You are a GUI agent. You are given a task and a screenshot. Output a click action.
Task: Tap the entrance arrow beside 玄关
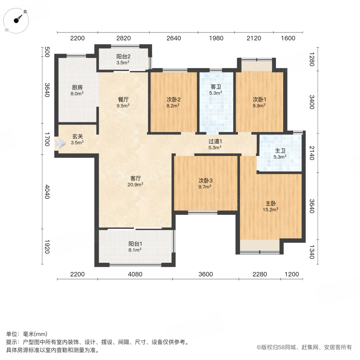(61, 143)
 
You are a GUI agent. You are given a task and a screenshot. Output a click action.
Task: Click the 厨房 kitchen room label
(78, 88)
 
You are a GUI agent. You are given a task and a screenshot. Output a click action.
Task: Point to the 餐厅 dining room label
(123, 100)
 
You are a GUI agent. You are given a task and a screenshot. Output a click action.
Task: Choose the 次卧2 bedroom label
(173, 100)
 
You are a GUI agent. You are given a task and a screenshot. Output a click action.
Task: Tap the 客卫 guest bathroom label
(216, 86)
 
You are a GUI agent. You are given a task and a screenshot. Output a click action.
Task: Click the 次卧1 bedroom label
(259, 100)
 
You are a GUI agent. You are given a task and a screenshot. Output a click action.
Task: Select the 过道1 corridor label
(215, 141)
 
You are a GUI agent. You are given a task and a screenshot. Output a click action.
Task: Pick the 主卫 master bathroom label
(280, 151)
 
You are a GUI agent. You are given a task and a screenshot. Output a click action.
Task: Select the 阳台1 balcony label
(135, 243)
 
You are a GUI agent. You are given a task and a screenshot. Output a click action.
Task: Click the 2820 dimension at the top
(123, 38)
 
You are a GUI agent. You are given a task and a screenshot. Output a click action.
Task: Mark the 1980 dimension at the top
(216, 38)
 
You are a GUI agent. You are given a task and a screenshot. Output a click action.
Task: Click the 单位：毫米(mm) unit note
(27, 334)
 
